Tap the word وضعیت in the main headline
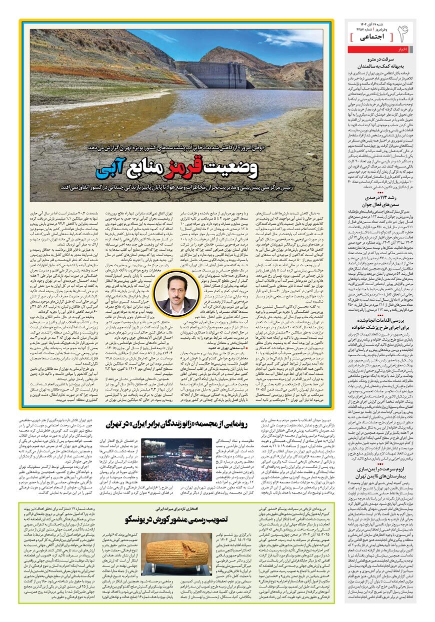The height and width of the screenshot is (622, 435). tap(230, 169)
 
